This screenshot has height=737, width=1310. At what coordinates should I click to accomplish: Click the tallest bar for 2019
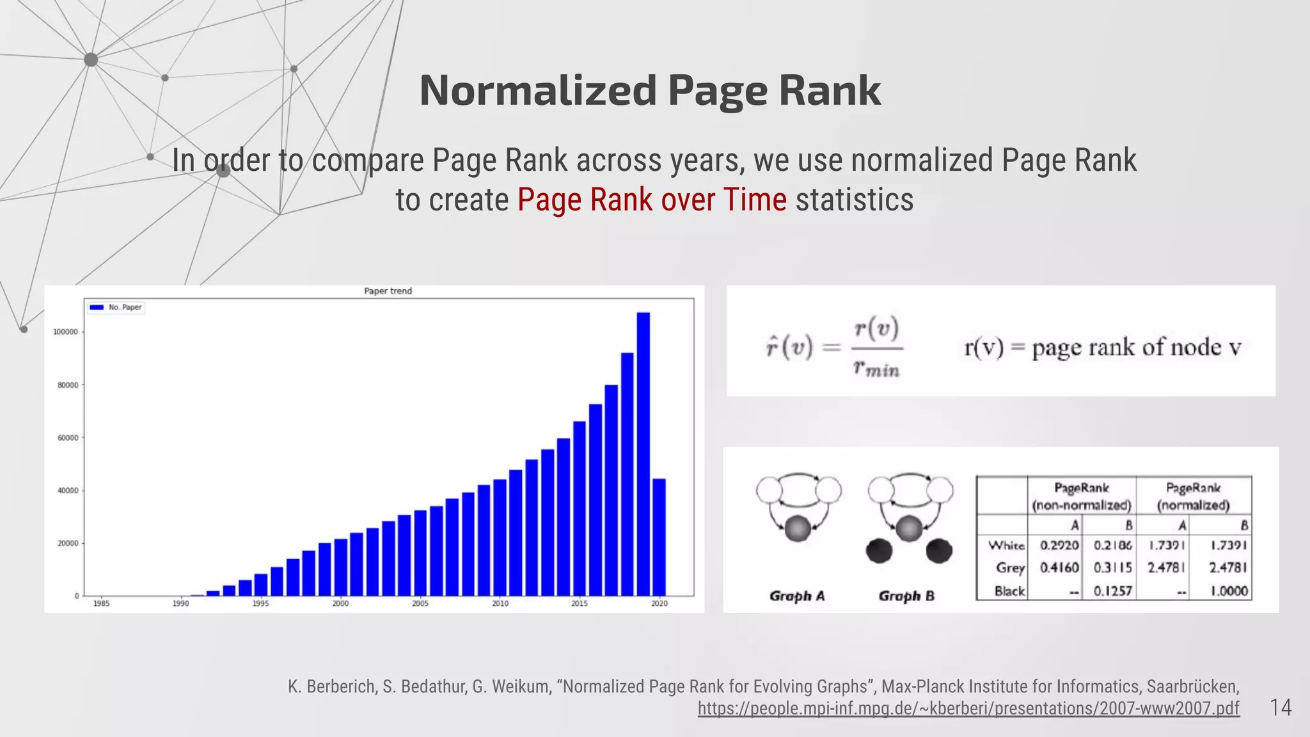[643, 454]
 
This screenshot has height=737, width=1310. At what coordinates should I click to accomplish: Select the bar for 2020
[659, 537]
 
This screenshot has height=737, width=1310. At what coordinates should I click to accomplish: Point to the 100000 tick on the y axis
[65, 332]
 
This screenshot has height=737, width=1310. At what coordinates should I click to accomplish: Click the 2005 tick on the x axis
[420, 603]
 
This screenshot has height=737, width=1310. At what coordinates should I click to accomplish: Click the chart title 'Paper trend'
[388, 291]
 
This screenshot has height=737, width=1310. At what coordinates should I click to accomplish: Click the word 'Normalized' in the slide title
[538, 90]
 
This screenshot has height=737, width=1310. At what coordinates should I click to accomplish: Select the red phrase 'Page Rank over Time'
[652, 200]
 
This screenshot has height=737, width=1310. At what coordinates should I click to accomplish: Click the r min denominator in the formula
[876, 369]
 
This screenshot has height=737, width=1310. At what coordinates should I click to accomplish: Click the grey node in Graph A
[797, 528]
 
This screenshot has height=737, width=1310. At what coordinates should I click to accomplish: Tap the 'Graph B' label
[906, 596]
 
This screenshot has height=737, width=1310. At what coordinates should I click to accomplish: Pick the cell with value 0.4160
[1059, 567]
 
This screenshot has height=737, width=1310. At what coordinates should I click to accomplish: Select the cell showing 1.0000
[1229, 591]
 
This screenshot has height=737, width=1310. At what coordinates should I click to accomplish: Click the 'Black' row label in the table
[1009, 591]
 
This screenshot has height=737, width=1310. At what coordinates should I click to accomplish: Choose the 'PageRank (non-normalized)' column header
[1082, 496]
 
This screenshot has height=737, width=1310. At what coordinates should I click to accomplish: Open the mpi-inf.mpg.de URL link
[968, 708]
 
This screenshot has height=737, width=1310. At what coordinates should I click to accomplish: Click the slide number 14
[1281, 708]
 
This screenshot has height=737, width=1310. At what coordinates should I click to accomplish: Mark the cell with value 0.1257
[1112, 591]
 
